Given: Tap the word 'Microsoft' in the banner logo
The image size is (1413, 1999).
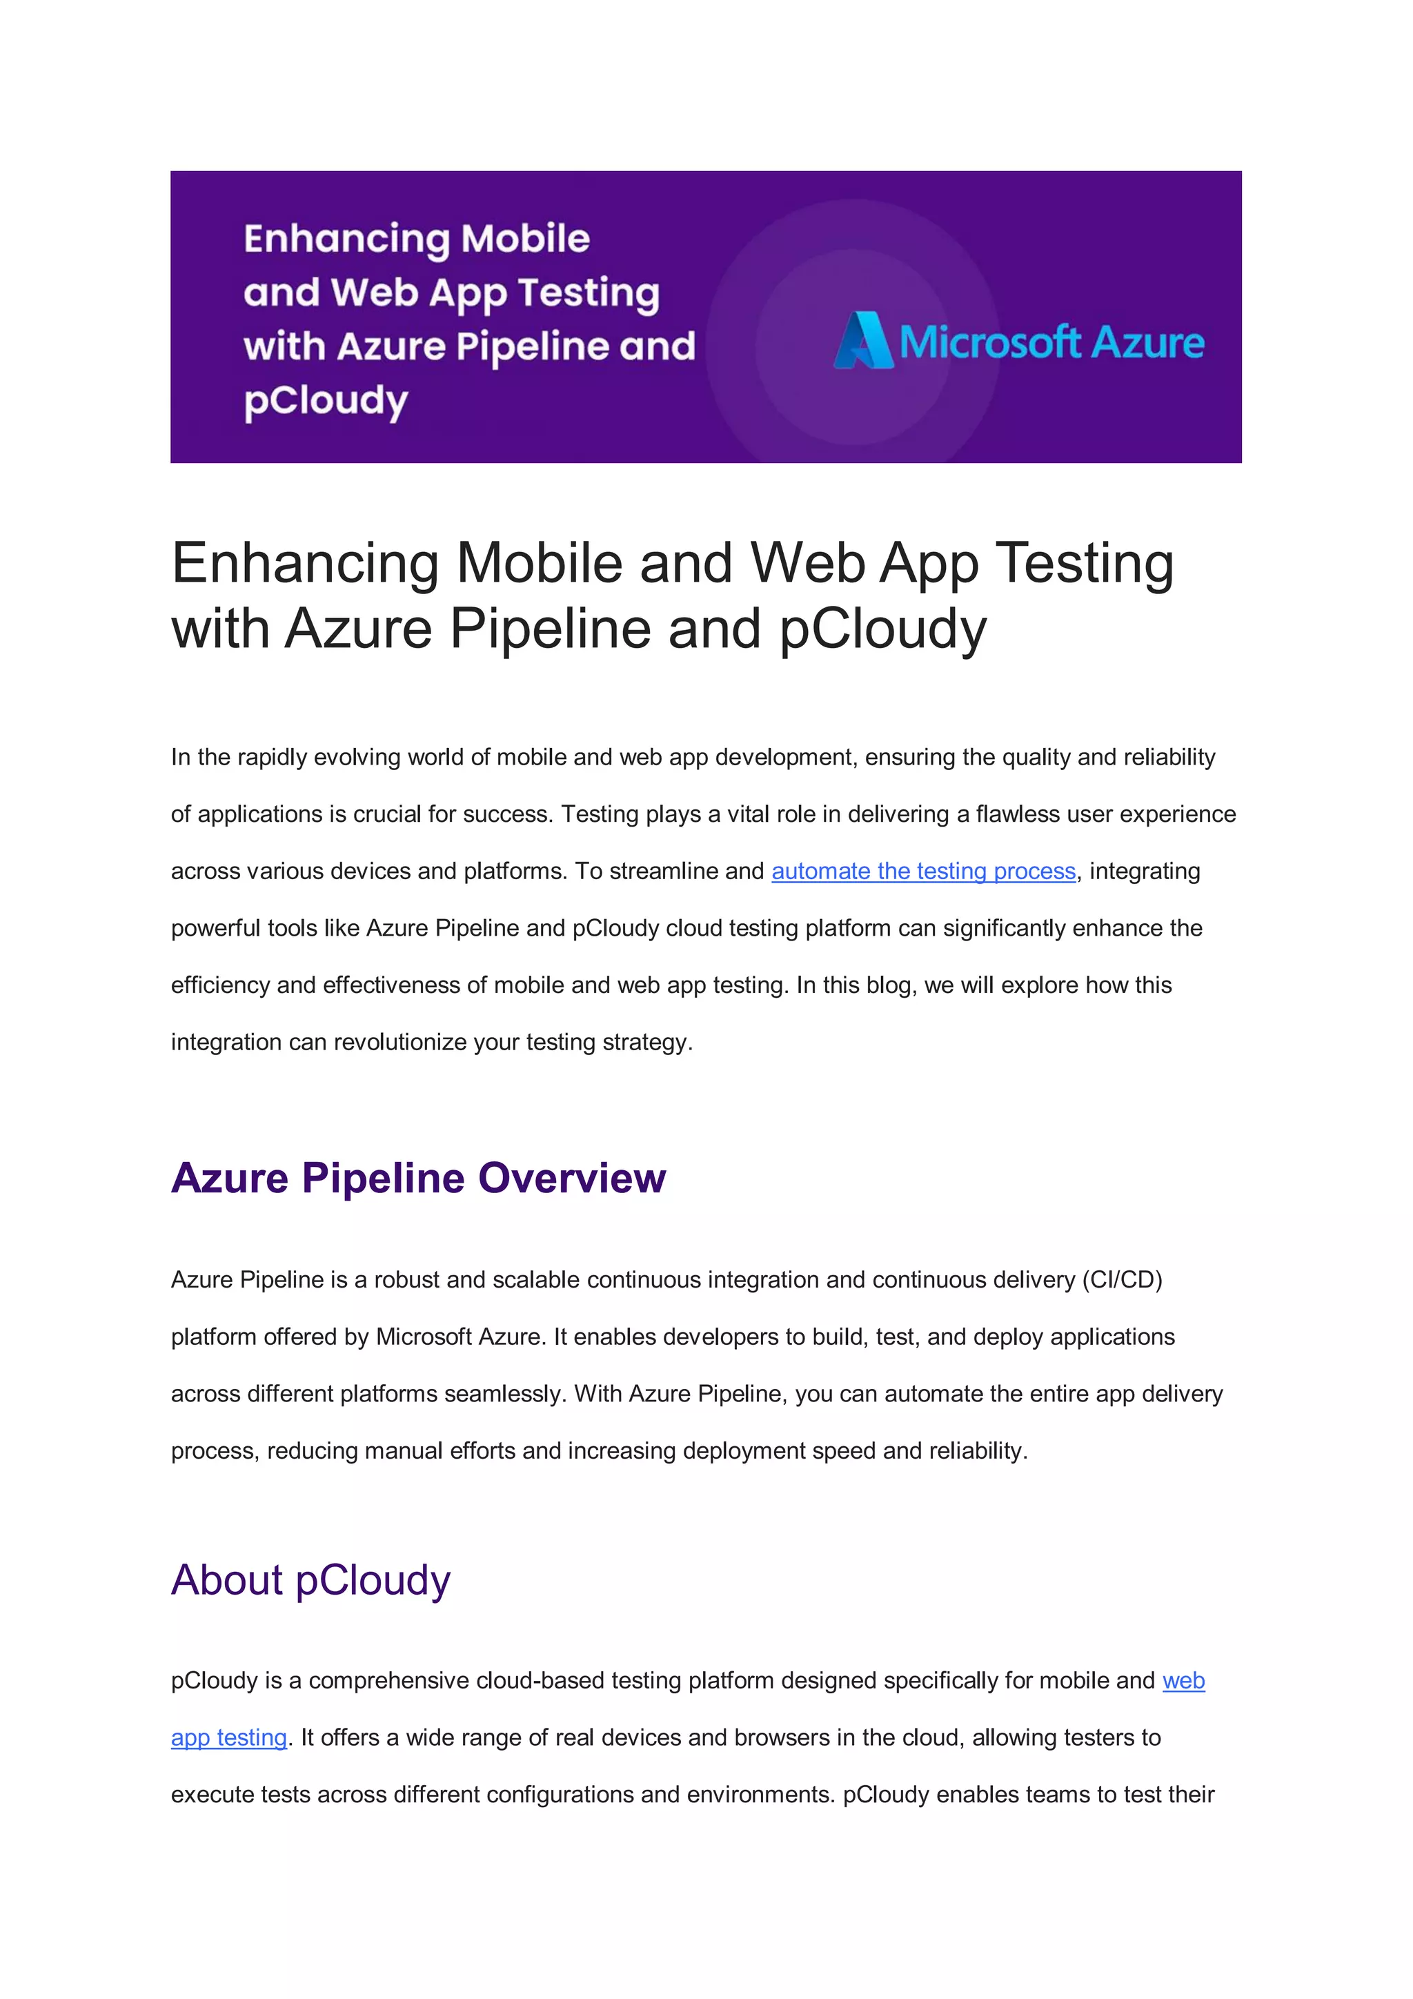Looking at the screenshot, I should pyautogui.click(x=989, y=342).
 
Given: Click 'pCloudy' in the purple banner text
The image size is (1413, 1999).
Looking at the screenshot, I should pyautogui.click(x=326, y=402).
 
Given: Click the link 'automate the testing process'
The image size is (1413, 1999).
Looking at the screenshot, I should pyautogui.click(x=923, y=872).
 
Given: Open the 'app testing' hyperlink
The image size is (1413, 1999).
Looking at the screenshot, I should pyautogui.click(x=229, y=1737).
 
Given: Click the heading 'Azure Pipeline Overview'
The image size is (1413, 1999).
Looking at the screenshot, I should pyautogui.click(x=418, y=1178).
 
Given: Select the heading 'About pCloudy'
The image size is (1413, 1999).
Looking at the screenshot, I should pyautogui.click(x=310, y=1580).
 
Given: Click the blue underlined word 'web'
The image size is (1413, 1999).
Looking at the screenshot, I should pyautogui.click(x=1183, y=1680).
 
